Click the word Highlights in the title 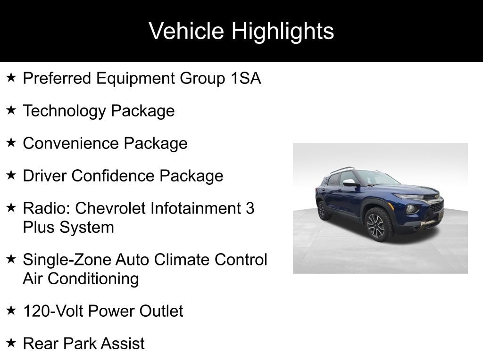pos(283,32)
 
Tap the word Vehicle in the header pos(186,31)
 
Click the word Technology pos(64,111)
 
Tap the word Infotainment pos(195,208)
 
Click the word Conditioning pos(93,279)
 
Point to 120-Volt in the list pos(53,311)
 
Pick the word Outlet pos(161,311)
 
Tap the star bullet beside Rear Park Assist pos(11,342)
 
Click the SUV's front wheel pos(377,225)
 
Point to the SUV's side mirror pos(350,183)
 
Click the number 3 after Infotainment pos(250,208)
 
